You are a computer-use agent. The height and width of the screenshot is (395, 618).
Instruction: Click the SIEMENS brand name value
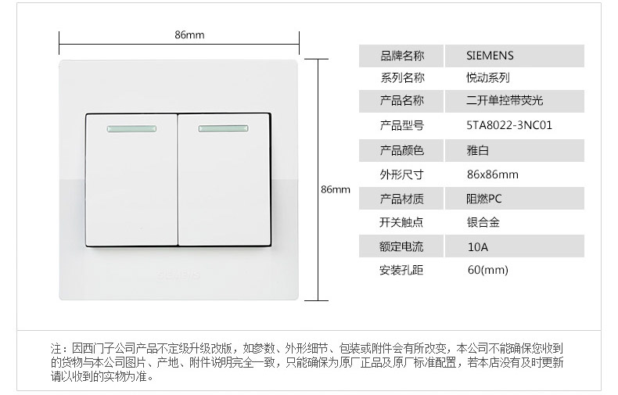pos(490,56)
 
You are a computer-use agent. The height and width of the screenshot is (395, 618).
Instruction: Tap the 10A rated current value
pos(477,247)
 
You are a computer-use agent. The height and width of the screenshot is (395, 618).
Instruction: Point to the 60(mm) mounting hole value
pos(487,271)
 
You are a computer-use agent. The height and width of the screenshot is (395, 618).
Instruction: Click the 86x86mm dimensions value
pos(492,174)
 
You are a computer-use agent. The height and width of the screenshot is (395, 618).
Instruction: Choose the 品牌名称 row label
pos(401,56)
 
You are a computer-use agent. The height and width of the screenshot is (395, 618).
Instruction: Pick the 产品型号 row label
pos(401,125)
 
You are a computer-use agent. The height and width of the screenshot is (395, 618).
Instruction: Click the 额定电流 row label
pos(401,247)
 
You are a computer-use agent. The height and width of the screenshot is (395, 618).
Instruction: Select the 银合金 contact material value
pos(483,222)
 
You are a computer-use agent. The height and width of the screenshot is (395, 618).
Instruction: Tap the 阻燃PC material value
pos(484,199)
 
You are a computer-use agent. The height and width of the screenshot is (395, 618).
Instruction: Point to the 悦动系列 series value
pos(488,77)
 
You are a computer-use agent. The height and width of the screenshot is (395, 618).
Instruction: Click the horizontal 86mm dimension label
pos(189,35)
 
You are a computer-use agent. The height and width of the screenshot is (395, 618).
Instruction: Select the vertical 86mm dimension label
pos(336,190)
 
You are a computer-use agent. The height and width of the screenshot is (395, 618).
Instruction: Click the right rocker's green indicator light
pos(225,127)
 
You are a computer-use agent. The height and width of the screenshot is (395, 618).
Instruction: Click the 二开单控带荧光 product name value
pos(504,101)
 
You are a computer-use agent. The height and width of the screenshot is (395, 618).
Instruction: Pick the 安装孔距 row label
pos(401,271)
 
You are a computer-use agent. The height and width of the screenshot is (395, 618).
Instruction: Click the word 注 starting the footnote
pos(56,348)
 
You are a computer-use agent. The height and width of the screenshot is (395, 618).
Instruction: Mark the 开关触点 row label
pos(401,222)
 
